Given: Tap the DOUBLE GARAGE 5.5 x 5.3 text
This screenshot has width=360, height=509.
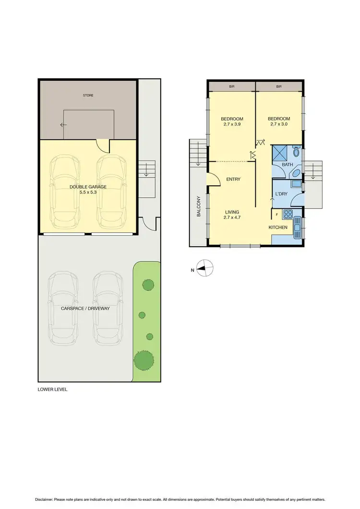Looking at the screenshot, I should (88, 190).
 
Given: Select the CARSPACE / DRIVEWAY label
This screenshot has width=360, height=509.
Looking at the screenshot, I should (85, 308).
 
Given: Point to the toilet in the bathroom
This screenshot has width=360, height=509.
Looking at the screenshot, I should (296, 152).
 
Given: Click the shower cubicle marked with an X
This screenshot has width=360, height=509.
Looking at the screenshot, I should (281, 154).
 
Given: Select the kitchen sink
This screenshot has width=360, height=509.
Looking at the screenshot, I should (298, 226).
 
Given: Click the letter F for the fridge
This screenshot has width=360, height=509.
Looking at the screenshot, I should (276, 215).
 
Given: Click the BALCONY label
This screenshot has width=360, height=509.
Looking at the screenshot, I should (198, 206).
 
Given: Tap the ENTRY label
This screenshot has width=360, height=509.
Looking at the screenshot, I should (233, 180).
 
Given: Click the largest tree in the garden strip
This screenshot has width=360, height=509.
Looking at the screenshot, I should (144, 359).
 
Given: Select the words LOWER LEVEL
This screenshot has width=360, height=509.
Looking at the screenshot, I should (53, 389).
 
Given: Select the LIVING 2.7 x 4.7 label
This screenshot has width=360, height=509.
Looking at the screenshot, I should (232, 215).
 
